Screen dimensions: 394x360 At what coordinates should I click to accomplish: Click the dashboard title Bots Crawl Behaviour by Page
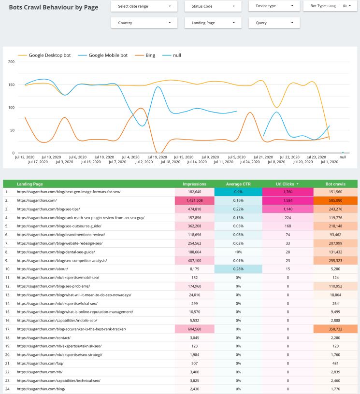click(54, 7)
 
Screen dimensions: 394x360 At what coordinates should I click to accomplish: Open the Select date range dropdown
click(144, 6)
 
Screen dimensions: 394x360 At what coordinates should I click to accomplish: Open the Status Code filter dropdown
click(213, 6)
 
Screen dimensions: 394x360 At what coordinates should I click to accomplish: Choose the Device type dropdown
click(274, 6)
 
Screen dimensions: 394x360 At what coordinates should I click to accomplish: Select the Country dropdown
click(144, 23)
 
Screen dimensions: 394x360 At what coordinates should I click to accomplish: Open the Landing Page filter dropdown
click(213, 23)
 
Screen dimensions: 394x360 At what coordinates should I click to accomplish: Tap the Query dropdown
click(274, 23)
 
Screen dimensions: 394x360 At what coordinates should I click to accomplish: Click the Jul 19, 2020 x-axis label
click(157, 157)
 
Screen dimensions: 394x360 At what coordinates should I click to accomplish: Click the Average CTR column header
click(238, 184)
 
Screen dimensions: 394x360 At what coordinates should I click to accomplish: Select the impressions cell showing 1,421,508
click(195, 200)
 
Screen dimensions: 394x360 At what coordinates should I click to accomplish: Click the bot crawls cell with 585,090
click(335, 200)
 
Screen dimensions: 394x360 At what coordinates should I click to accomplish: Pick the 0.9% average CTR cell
click(238, 192)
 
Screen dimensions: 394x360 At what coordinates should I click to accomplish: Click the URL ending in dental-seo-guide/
click(56, 252)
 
